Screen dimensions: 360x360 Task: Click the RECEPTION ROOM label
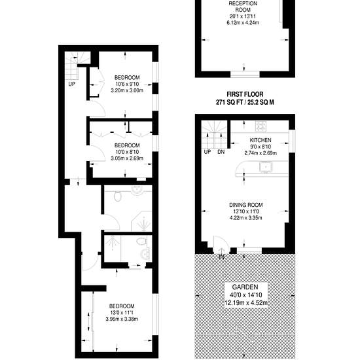(x=243, y=7)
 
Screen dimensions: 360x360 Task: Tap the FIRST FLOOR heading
(x=245, y=94)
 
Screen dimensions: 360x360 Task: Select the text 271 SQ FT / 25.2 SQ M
(x=245, y=102)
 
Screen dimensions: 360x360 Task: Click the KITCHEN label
(x=261, y=140)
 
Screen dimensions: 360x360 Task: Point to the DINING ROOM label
(x=246, y=205)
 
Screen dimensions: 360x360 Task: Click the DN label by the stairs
(x=221, y=152)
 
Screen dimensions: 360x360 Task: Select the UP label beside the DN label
(x=207, y=152)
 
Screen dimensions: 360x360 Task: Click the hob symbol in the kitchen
(x=261, y=126)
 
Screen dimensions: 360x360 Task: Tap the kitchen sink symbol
(x=266, y=167)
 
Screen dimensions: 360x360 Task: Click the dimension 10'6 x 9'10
(x=127, y=84)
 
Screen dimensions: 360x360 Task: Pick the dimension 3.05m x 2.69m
(x=127, y=158)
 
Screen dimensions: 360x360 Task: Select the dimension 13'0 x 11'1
(x=122, y=312)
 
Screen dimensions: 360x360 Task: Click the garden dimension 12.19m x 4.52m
(x=246, y=303)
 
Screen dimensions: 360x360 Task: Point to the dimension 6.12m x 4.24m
(x=243, y=23)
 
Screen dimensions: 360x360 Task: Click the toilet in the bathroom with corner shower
(x=118, y=196)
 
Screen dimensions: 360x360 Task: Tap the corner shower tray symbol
(x=141, y=221)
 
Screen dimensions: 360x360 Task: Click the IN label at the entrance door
(x=221, y=257)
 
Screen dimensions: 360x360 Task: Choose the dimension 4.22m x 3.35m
(x=246, y=218)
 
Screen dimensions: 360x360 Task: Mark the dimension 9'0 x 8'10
(x=261, y=147)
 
